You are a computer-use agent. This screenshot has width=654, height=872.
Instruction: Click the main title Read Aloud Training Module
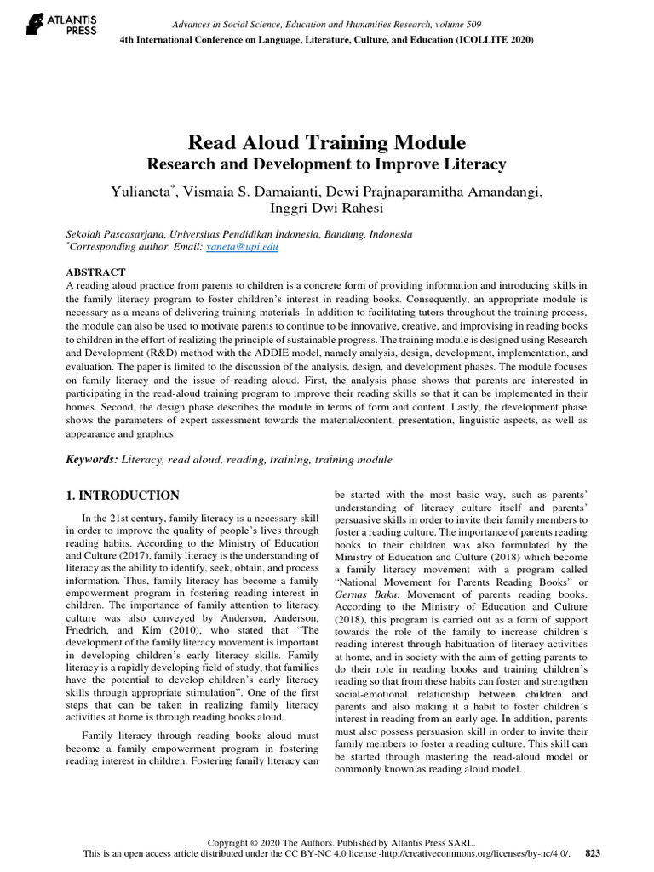(x=327, y=141)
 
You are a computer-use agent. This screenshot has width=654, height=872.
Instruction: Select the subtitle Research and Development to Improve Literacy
(x=327, y=163)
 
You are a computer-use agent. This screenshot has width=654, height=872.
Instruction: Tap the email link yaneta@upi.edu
(x=242, y=247)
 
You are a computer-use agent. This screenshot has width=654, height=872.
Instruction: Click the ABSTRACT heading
(x=95, y=272)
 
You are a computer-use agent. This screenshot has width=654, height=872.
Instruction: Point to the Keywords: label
(x=92, y=460)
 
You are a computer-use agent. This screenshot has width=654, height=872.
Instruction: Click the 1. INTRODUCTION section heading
(x=123, y=496)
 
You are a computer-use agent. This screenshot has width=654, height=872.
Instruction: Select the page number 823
(x=593, y=852)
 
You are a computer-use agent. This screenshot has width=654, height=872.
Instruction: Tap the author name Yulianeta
(x=141, y=192)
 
